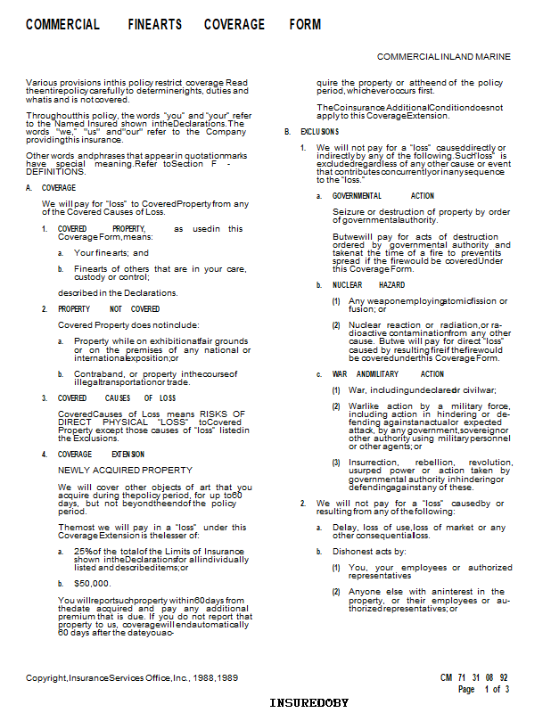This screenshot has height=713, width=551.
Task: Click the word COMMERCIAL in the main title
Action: (x=62, y=25)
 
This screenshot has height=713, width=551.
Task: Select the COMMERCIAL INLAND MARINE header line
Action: (x=444, y=56)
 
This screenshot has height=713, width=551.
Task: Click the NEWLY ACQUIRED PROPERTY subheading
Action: (x=125, y=470)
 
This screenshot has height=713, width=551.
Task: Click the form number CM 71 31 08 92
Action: (x=473, y=677)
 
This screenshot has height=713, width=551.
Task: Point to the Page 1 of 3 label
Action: (x=483, y=689)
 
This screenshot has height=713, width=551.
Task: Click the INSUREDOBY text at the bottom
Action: (x=308, y=703)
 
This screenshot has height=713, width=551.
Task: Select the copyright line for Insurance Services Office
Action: (x=132, y=678)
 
